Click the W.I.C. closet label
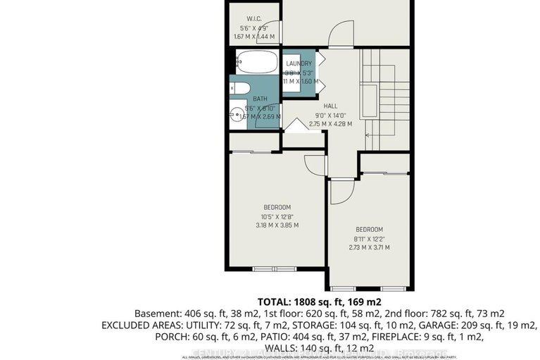255,18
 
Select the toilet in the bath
237,89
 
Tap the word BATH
260,99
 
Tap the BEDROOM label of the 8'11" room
368,230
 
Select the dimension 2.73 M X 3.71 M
368,248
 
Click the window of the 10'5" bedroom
275,269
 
